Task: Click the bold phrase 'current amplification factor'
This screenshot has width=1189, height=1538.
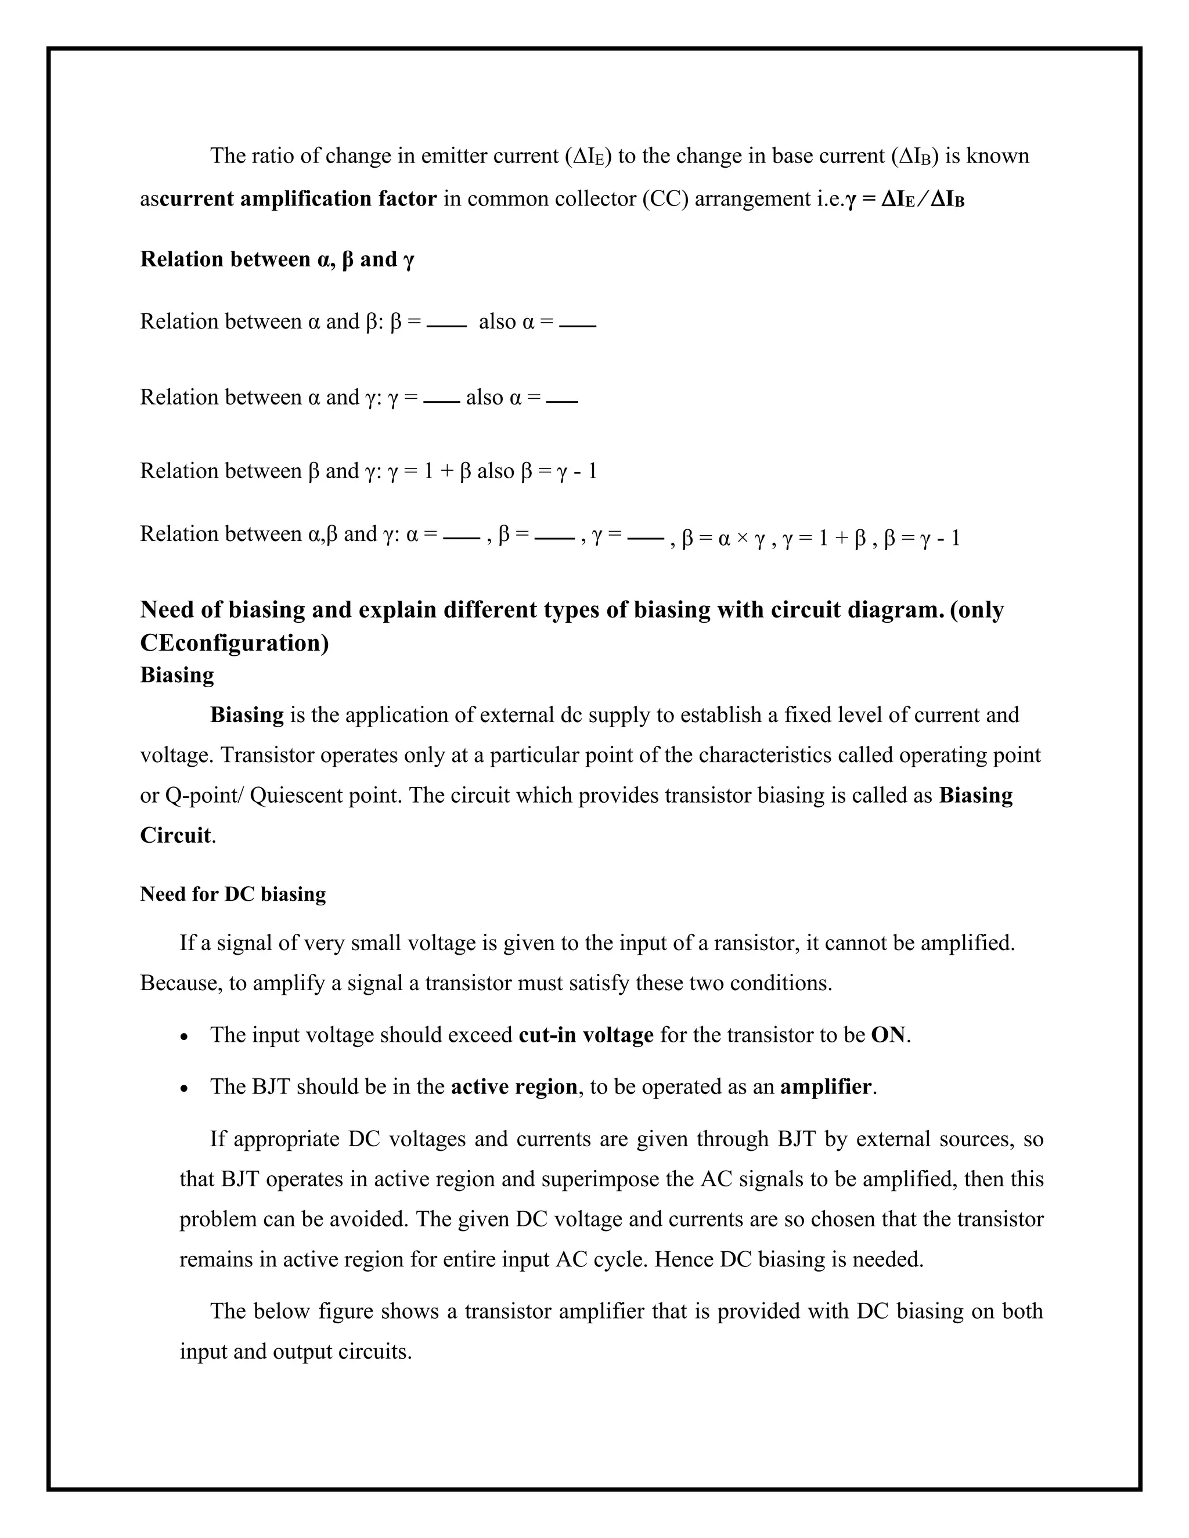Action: (298, 199)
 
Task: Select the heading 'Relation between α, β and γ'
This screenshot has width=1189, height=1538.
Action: (277, 260)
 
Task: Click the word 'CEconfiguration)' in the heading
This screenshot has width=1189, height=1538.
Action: (234, 643)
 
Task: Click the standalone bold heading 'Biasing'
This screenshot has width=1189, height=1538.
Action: (177, 674)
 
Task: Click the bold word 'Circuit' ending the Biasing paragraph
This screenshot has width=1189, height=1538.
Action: (175, 836)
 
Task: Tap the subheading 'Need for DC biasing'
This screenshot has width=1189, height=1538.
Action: (232, 894)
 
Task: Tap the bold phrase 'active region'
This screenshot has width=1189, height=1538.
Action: (513, 1087)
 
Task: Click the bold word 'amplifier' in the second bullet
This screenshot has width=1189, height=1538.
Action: (826, 1087)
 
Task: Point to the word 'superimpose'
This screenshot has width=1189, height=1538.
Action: (597, 1179)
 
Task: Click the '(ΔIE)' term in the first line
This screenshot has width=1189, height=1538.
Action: (588, 156)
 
